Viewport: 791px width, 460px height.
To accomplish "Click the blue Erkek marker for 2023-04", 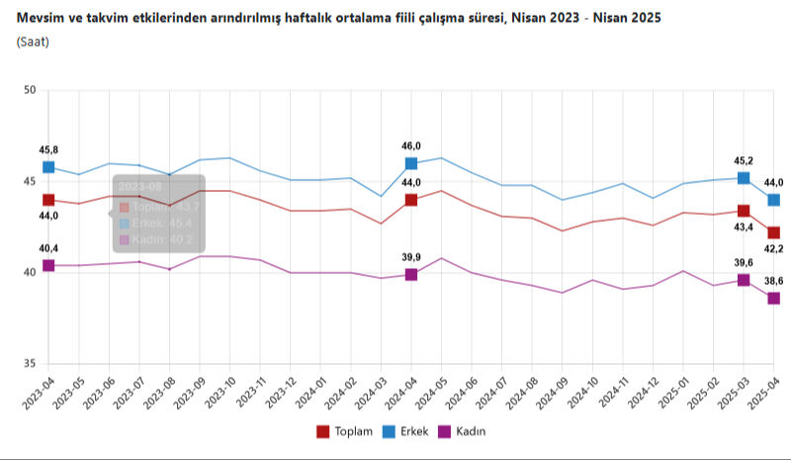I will [x=48, y=167].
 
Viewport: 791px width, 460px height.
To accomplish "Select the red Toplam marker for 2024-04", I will [x=411, y=200].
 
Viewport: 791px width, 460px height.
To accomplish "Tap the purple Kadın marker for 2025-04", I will [x=774, y=298].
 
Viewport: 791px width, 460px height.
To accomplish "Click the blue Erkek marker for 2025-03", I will [x=744, y=178].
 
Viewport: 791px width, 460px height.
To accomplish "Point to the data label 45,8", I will [x=48, y=149].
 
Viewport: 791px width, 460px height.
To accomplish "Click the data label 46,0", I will [x=411, y=145].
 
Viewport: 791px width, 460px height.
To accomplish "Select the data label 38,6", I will [x=774, y=281].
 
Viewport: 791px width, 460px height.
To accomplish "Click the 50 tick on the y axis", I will [x=30, y=91].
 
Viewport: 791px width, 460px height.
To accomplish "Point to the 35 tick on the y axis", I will [x=30, y=364].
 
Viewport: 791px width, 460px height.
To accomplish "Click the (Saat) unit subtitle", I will [x=33, y=43].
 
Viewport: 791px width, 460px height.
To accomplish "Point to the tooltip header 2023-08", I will [x=138, y=186].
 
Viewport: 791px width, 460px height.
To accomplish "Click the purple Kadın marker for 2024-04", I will [x=411, y=274].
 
